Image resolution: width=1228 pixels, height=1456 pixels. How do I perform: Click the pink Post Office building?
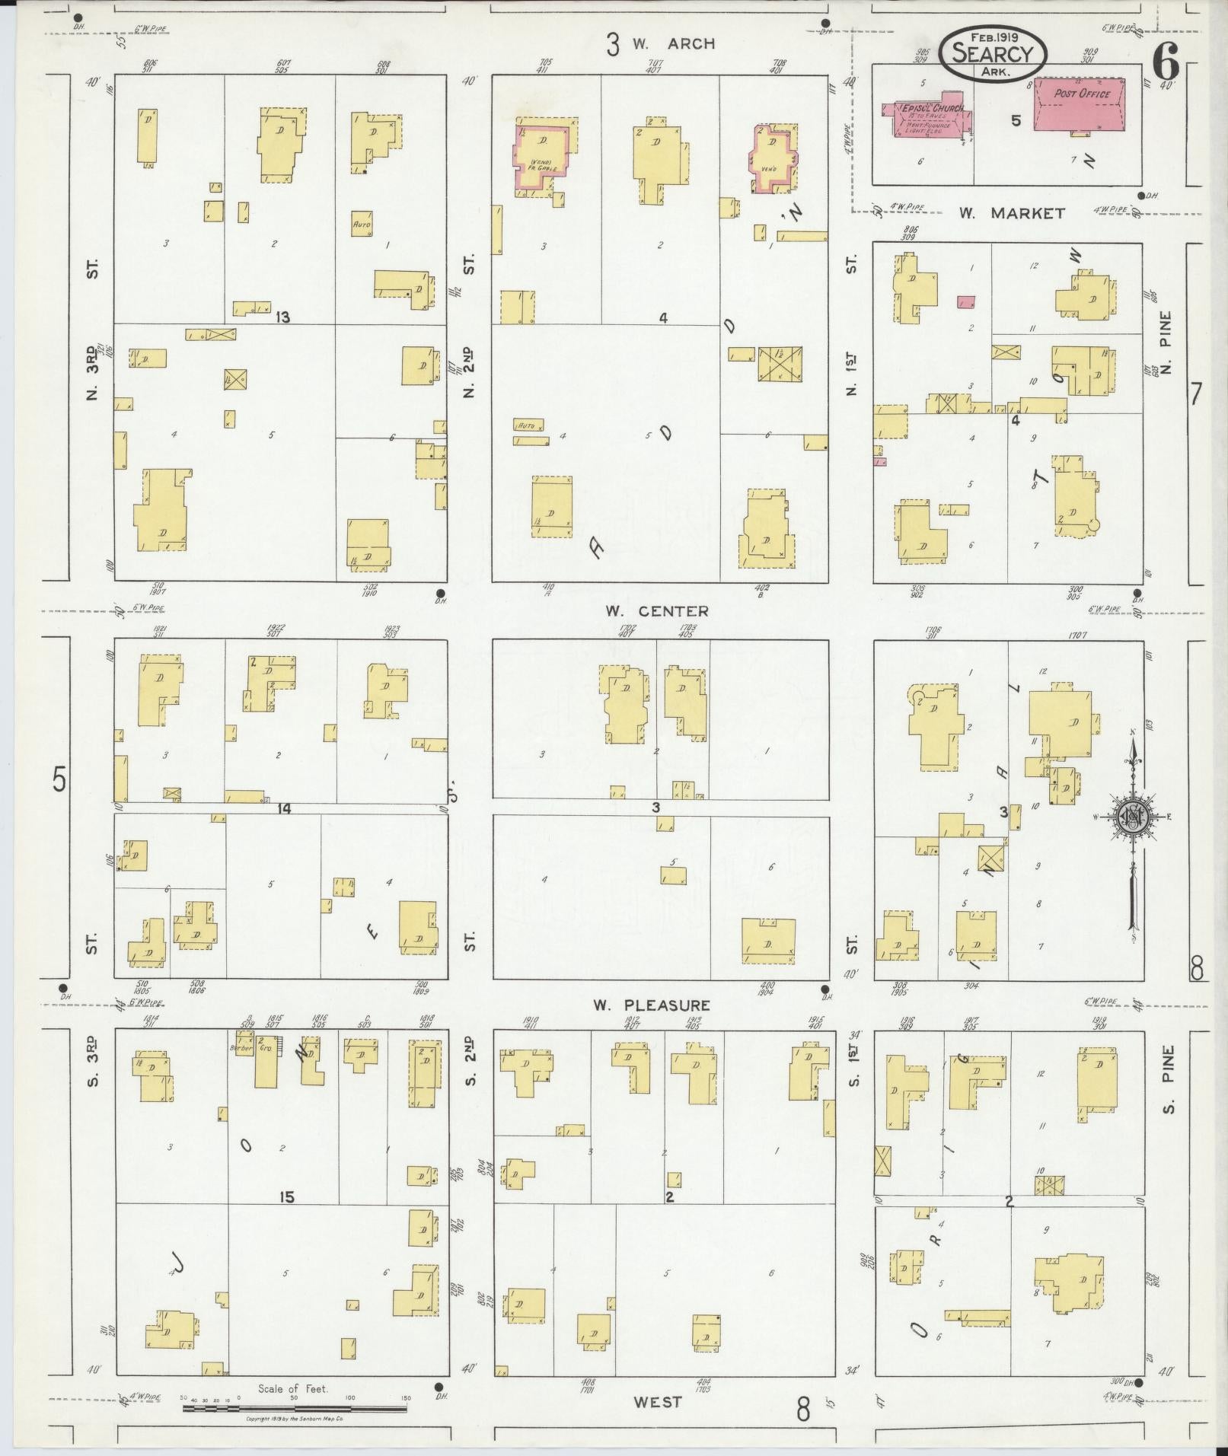click(x=1081, y=103)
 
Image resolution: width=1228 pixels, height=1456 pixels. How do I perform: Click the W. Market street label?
click(x=1011, y=214)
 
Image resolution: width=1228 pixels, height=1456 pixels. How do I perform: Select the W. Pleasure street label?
click(x=652, y=1005)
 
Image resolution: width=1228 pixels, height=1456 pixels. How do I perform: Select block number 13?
click(x=283, y=317)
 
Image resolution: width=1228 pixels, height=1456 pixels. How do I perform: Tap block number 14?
click(x=283, y=808)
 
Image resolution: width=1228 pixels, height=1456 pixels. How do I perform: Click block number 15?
click(x=285, y=1197)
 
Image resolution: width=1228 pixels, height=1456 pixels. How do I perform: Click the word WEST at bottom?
click(x=658, y=1402)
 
